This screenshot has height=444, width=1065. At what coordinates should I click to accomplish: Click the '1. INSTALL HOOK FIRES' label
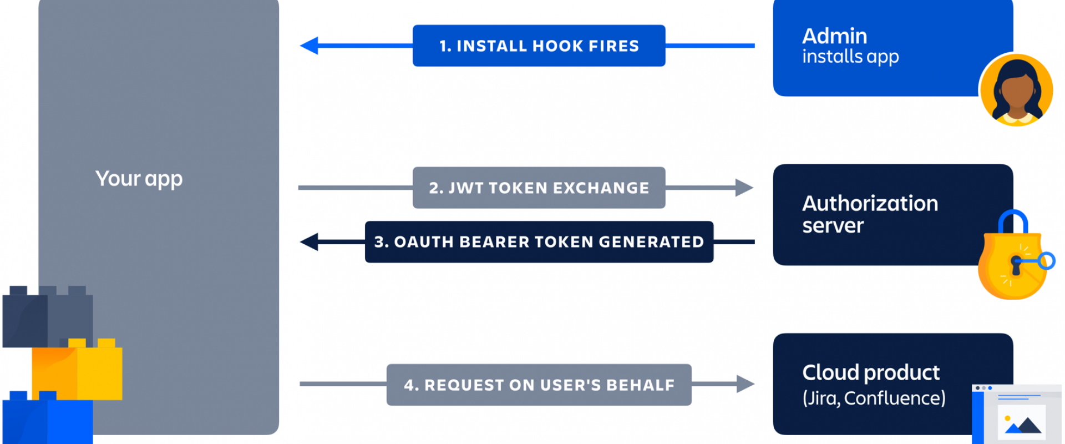click(539, 46)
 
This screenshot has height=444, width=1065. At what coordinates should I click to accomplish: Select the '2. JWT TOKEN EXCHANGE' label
click(539, 188)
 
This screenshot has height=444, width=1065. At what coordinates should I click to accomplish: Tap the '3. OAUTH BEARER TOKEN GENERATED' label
click(539, 242)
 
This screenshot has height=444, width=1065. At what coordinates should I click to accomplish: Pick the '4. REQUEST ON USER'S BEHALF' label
click(539, 385)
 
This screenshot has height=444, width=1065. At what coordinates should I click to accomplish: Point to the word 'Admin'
click(834, 36)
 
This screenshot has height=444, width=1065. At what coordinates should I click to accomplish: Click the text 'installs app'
click(850, 57)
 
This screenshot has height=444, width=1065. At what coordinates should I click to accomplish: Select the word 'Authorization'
click(870, 203)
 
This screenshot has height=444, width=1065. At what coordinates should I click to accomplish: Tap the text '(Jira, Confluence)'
click(874, 398)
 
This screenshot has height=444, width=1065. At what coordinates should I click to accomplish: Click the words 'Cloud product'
click(871, 372)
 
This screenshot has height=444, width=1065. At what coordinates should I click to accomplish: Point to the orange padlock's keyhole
click(1016, 265)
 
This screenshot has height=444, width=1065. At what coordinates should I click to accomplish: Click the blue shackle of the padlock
click(1013, 220)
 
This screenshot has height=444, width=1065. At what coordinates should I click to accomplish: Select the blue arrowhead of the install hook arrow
click(309, 46)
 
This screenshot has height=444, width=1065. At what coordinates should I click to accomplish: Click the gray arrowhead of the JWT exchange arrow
click(744, 188)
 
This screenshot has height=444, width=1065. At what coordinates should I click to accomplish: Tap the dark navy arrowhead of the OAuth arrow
click(309, 242)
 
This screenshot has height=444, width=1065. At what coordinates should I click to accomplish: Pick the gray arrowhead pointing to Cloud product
click(745, 384)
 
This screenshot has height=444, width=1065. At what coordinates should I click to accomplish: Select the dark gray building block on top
click(48, 316)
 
